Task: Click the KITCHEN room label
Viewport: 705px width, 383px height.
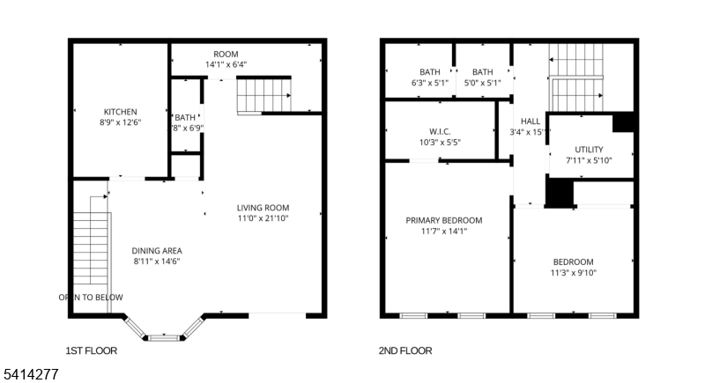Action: (x=120, y=112)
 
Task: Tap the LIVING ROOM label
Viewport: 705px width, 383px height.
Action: (x=263, y=208)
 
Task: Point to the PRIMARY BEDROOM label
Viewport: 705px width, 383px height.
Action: (x=443, y=220)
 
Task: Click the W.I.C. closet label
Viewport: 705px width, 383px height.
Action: (x=441, y=130)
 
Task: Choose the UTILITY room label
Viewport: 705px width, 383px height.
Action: (x=589, y=150)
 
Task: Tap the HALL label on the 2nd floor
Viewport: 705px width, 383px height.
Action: (x=531, y=122)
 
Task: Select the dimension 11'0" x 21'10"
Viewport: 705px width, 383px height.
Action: (x=263, y=218)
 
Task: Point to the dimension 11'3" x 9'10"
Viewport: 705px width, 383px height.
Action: (x=573, y=273)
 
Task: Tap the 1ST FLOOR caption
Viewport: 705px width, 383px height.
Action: (x=92, y=350)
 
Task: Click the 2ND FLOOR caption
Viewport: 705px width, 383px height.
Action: (x=405, y=350)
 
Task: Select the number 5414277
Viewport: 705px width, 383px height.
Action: (x=30, y=374)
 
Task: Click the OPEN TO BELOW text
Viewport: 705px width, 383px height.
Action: (x=92, y=298)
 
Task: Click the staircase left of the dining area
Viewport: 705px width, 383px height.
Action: (x=92, y=251)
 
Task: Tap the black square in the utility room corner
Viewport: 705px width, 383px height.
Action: (x=624, y=122)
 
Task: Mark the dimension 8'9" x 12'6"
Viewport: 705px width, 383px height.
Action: (x=120, y=122)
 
